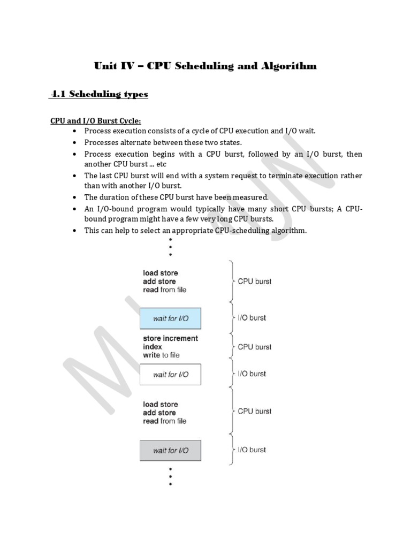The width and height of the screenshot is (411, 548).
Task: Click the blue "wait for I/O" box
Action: point(170,318)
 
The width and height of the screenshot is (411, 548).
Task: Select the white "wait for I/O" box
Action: point(170,374)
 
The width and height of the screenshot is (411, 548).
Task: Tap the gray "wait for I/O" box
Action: point(170,450)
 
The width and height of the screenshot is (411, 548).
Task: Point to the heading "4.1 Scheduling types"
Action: point(99,94)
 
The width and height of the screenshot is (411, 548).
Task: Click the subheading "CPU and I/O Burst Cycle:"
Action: point(95,121)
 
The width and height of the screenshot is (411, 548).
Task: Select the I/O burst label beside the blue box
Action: point(252,318)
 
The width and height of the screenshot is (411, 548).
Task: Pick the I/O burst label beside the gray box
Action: point(252,450)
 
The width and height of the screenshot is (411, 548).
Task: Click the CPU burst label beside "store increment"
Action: point(254,347)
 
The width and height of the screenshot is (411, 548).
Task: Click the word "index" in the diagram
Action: point(153,347)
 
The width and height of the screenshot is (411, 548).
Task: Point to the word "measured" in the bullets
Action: point(250,197)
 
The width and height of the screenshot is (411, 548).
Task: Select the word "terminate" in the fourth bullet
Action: point(279,176)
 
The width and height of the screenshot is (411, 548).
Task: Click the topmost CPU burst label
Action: point(254,281)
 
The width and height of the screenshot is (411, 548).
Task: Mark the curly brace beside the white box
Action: point(231,374)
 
